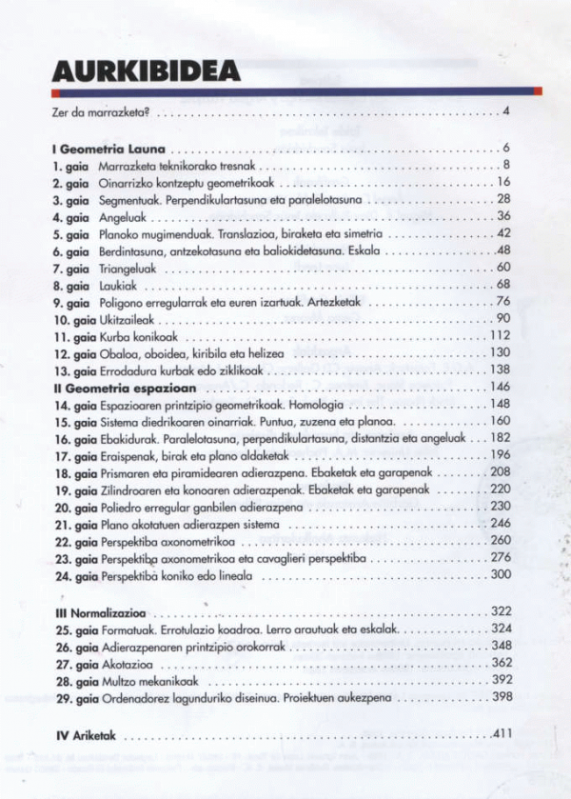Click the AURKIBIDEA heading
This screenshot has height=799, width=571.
point(146,71)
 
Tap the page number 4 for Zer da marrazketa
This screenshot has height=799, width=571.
point(507,113)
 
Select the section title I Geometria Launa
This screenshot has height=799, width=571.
point(109,149)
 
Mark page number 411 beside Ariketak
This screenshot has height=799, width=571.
point(502,735)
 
